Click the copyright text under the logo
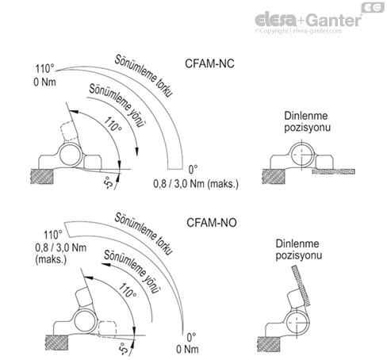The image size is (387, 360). tap(305, 32)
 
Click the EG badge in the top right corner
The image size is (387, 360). tap(370, 8)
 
